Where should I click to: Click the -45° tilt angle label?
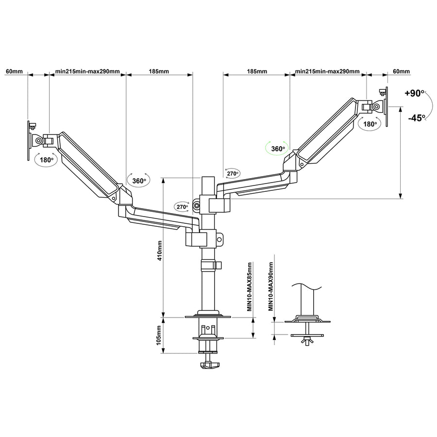click(x=416, y=118)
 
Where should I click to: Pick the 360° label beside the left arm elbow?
click(x=139, y=181)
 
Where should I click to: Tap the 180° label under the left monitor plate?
click(x=47, y=159)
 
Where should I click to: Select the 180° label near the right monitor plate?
click(x=370, y=124)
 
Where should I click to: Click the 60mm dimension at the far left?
click(x=14, y=71)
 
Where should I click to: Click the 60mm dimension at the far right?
click(x=401, y=71)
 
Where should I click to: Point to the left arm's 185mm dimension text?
click(x=159, y=71)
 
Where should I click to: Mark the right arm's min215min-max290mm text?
click(x=328, y=71)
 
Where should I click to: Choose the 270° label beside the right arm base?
click(x=232, y=173)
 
